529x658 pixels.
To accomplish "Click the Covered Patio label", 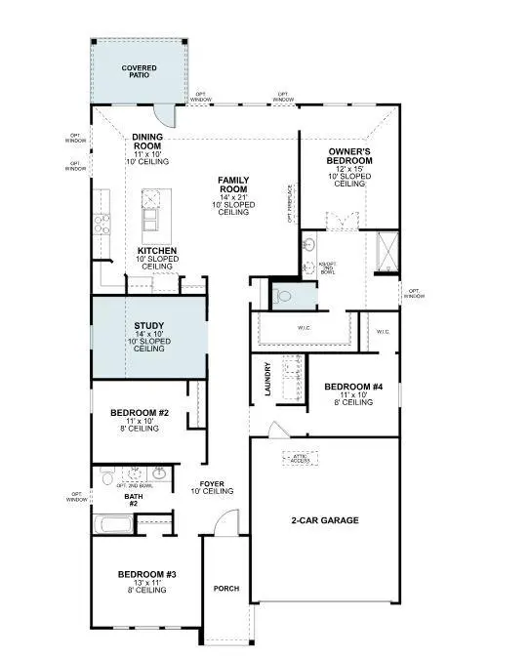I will (140, 72).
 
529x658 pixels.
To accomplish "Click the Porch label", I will (226, 589).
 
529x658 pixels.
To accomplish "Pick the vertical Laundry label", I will (266, 380).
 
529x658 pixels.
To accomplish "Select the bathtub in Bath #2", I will (114, 524).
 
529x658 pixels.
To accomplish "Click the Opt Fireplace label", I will (290, 204).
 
